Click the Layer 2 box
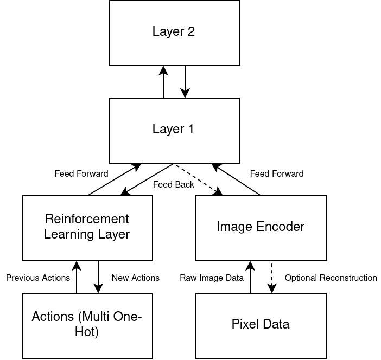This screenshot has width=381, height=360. [x=174, y=33]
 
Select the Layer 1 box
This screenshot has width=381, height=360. [x=174, y=131]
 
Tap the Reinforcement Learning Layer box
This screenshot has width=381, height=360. [x=87, y=228]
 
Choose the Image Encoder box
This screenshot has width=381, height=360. [x=261, y=228]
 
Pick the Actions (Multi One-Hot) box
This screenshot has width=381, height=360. [x=87, y=326]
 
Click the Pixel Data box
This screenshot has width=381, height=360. [x=261, y=326]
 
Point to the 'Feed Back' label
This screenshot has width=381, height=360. [x=174, y=184]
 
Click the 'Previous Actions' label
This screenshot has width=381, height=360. [x=38, y=278]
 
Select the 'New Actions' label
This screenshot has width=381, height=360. [x=136, y=278]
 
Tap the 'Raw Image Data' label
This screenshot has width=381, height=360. [x=212, y=278]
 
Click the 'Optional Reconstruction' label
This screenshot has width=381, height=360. [x=331, y=278]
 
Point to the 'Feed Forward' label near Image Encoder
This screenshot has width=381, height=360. [x=277, y=173]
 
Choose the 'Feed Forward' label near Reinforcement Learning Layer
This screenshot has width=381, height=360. [x=81, y=173]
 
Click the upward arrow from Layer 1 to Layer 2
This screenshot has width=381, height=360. [x=163, y=82]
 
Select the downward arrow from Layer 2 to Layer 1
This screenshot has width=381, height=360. [x=185, y=82]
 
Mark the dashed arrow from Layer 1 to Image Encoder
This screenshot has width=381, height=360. [x=199, y=180]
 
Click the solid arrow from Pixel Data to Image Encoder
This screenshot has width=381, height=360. [x=250, y=277]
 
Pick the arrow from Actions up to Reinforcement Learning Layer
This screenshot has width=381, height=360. [x=77, y=277]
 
